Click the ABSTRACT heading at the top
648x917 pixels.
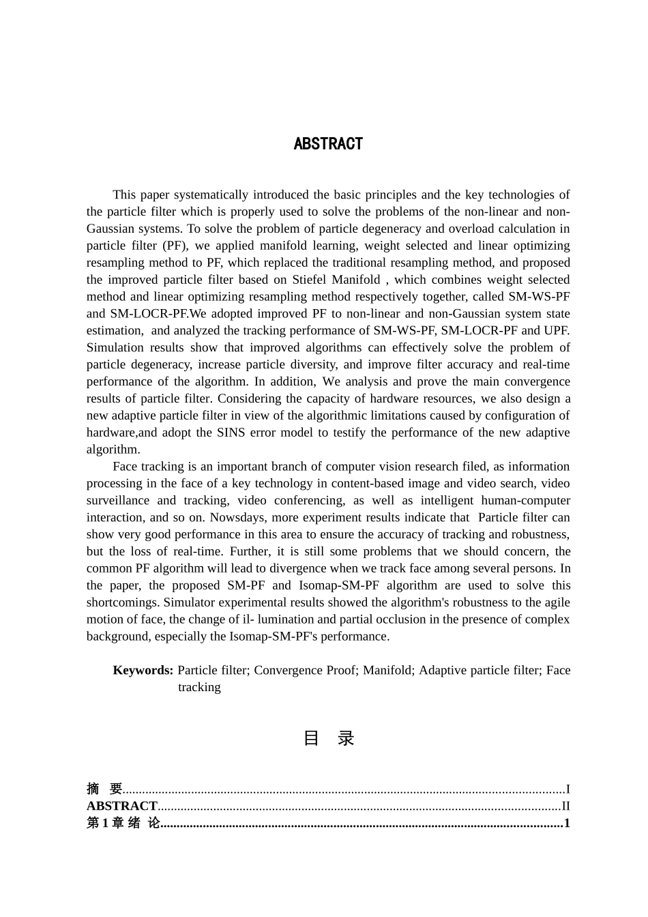point(328,144)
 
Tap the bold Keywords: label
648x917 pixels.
point(143,670)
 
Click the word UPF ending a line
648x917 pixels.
point(556,331)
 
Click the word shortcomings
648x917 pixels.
point(123,602)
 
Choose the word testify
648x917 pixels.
point(387,433)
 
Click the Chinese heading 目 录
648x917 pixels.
point(328,738)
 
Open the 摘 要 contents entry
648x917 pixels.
point(104,789)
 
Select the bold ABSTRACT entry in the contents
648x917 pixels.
point(122,806)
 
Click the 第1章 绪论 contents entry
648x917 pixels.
point(123,823)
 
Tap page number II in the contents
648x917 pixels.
point(565,806)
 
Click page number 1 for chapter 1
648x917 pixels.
point(567,823)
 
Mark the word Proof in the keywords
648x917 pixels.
point(341,670)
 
